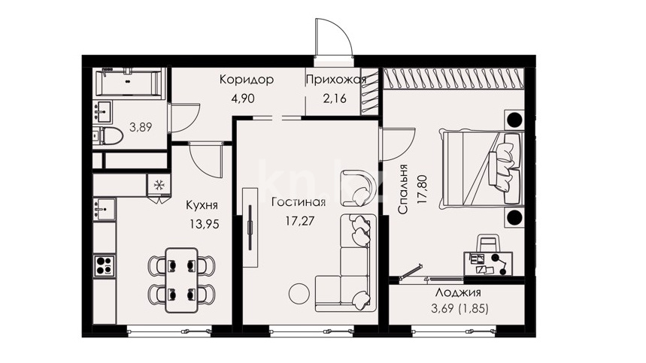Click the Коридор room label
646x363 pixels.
pos(247,79)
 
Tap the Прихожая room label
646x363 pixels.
pos(335,80)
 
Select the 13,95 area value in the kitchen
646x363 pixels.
pos(205,224)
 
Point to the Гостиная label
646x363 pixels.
pos(299,202)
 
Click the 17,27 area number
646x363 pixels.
pos(300,221)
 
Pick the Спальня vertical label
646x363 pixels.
pos(403,189)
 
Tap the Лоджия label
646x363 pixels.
pos(458,292)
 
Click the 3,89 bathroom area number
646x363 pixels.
pos(141,127)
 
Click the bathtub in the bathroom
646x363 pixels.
pos(128,83)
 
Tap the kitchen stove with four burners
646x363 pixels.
pos(105,265)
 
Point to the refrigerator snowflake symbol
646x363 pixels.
pos(158,185)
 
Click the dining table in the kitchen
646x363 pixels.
pos(181,280)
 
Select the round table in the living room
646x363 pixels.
pos(299,293)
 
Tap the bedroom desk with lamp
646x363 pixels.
pos(489,263)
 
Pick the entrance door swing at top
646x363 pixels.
pos(334,39)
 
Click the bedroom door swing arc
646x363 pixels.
pos(398,145)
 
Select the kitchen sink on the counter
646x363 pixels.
pos(105,210)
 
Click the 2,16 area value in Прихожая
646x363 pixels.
pos(335,98)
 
